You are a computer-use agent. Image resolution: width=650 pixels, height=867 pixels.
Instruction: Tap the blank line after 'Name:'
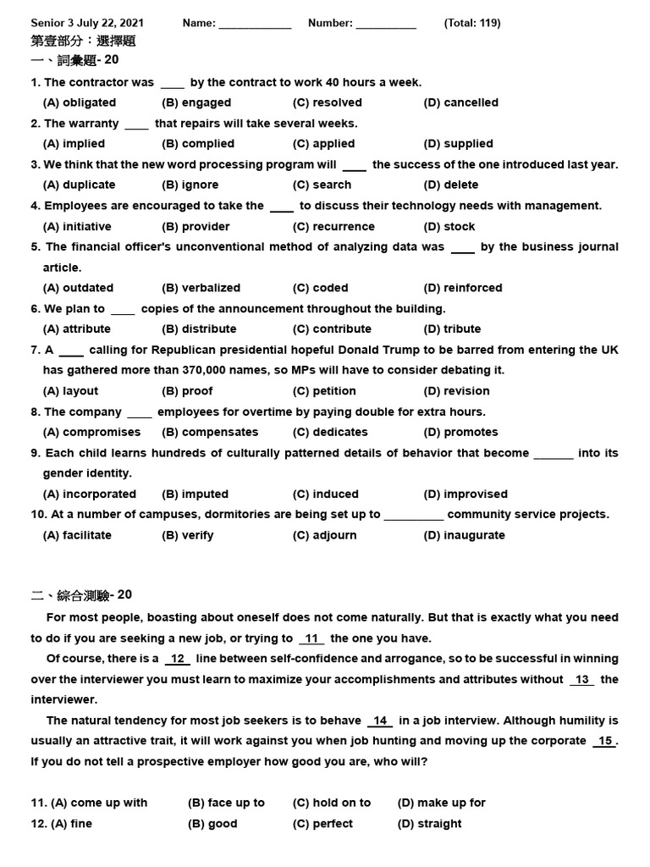(x=255, y=25)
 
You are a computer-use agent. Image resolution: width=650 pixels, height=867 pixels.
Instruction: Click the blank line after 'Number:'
(x=386, y=25)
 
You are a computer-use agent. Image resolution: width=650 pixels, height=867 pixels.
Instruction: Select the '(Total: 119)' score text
(x=472, y=23)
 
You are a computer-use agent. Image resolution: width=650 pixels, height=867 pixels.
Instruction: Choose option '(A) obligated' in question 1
(x=80, y=102)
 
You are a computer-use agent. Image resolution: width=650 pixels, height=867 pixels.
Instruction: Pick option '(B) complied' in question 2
(x=198, y=144)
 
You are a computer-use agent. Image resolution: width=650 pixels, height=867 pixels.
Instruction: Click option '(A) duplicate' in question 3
(x=79, y=185)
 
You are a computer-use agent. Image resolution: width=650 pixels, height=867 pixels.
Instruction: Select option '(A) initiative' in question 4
(x=77, y=226)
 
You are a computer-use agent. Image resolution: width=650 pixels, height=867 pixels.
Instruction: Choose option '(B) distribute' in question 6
(x=199, y=329)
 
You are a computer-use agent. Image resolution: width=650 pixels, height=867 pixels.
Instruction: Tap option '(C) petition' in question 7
(x=324, y=391)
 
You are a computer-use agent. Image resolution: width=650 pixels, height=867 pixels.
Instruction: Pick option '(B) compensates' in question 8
(x=210, y=432)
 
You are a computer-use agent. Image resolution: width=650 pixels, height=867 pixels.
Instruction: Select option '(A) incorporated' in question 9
(x=89, y=494)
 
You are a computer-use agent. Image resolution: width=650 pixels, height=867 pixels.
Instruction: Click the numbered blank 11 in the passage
(x=311, y=638)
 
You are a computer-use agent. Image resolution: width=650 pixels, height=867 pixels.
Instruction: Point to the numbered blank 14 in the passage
(x=380, y=721)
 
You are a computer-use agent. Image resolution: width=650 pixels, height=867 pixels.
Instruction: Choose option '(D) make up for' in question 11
(x=441, y=803)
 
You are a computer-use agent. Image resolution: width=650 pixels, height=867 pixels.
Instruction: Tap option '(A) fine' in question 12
(x=71, y=824)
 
